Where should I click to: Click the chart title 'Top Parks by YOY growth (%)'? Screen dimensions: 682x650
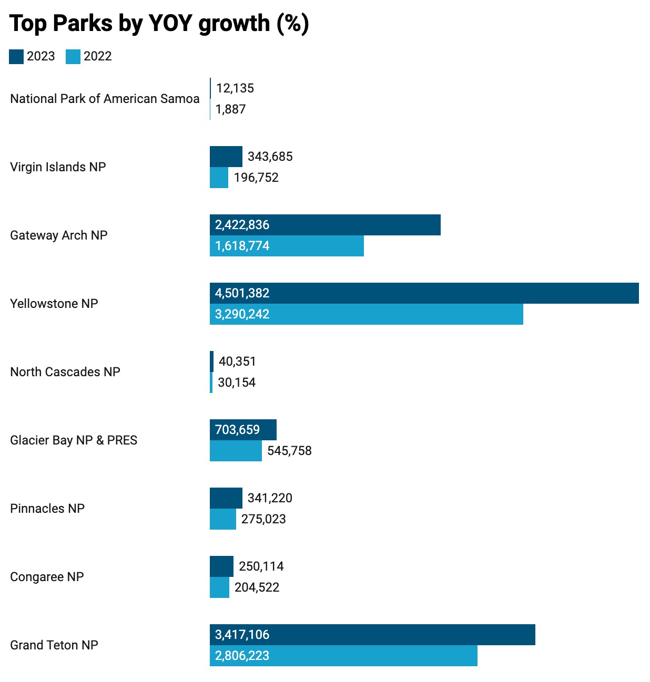pos(159,24)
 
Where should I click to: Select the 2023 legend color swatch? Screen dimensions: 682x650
pos(16,57)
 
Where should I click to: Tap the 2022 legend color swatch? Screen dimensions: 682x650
pos(73,57)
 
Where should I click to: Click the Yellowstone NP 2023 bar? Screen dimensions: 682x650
pos(424,293)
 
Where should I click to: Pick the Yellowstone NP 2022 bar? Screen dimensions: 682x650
pos(366,314)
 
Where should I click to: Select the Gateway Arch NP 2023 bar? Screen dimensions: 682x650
pos(325,225)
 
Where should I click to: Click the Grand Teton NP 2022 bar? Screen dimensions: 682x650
pos(343,656)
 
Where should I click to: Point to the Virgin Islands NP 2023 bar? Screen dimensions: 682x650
pos(226,157)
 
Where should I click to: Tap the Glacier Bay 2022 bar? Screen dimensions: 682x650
pos(236,451)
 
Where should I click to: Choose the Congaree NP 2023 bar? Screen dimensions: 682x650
pos(221,566)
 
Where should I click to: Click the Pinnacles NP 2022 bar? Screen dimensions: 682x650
pos(223,519)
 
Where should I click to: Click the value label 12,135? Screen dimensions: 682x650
pos(235,88)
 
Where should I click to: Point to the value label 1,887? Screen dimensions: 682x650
pos(231,109)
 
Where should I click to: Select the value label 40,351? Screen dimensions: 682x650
pos(237,361)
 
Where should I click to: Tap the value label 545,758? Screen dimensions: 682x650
pos(289,451)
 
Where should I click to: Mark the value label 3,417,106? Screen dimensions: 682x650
pos(242,635)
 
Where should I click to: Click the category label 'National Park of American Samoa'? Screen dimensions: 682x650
pos(105,99)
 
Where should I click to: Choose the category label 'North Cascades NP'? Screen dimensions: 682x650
pos(65,372)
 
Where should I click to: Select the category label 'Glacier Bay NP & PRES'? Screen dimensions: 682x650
pos(74,440)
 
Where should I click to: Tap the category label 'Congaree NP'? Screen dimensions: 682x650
pos(47,577)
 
